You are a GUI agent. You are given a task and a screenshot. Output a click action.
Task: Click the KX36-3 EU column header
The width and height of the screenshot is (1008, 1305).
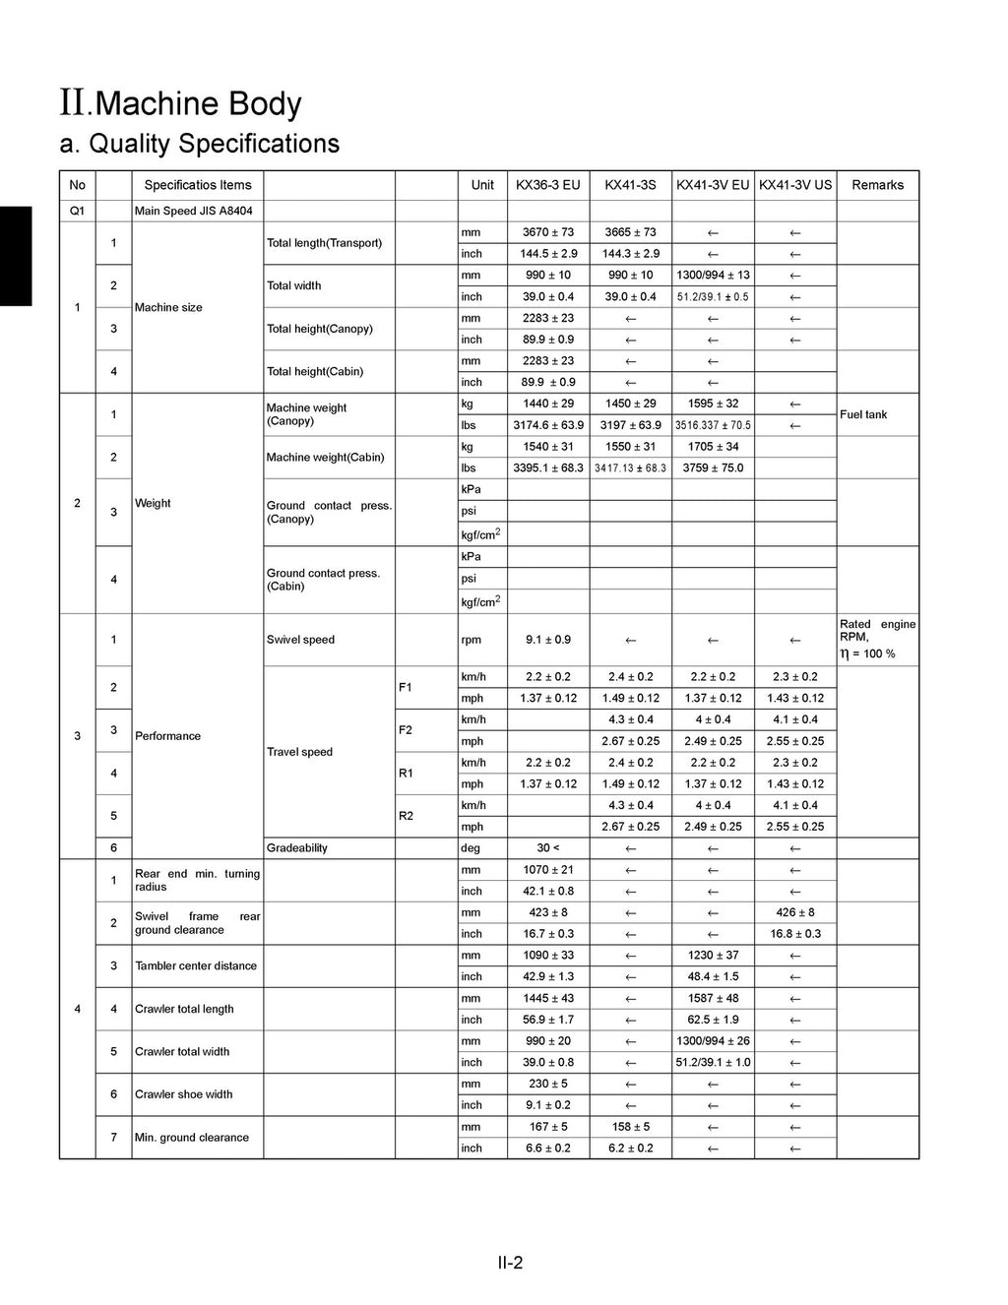point(547,185)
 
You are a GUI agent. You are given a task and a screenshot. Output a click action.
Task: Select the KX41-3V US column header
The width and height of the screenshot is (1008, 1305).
point(795,185)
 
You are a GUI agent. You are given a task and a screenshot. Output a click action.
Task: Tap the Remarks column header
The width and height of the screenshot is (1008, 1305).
point(877,185)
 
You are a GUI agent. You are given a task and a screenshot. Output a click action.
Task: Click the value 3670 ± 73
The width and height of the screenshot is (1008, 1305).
point(547,232)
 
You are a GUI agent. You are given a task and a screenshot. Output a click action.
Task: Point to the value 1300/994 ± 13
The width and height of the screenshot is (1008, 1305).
point(713,276)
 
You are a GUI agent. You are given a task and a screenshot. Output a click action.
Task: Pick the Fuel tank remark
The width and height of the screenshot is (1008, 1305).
point(863,414)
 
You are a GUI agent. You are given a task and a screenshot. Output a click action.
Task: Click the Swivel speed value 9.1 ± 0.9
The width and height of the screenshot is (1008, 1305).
point(547,640)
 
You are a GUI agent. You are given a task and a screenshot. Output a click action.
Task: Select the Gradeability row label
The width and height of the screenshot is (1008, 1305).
point(297,848)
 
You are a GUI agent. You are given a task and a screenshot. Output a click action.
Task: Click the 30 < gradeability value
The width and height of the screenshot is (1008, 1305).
point(547,848)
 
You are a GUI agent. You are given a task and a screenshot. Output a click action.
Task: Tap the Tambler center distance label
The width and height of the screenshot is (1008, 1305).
point(196,965)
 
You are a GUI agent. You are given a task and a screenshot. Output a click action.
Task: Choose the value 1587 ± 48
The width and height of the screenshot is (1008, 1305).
point(713,998)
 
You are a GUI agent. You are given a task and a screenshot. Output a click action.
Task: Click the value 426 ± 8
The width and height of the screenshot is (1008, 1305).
point(795,912)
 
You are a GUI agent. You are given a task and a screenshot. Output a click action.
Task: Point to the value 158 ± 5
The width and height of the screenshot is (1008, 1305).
point(630,1127)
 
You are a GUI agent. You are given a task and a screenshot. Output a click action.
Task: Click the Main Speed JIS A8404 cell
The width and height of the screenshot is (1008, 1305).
point(194,212)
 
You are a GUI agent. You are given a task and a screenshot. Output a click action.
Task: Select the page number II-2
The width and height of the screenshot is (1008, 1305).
point(510,1263)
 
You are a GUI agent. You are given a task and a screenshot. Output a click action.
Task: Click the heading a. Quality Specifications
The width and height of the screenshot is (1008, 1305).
point(200,144)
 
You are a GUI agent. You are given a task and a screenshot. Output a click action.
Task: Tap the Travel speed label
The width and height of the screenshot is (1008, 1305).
point(300,752)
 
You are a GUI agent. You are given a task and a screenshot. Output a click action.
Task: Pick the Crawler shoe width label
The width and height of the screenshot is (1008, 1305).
point(184,1094)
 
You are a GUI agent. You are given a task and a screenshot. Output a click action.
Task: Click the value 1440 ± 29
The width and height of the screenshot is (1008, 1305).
point(547,404)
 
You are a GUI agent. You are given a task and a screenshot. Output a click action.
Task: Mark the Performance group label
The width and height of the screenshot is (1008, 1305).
point(167,736)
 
